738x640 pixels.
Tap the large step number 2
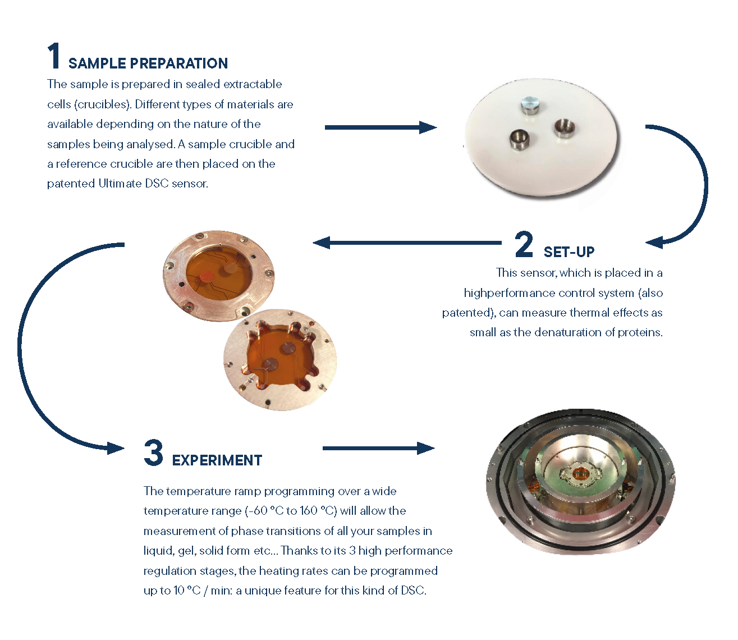pyautogui.click(x=524, y=244)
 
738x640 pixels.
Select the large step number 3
pyautogui.click(x=154, y=453)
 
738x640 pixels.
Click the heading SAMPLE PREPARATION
pyautogui.click(x=148, y=63)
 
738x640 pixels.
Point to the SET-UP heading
pyautogui.click(x=569, y=252)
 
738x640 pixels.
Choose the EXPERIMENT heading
pyautogui.click(x=217, y=460)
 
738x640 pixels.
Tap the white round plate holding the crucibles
pyautogui.click(x=541, y=139)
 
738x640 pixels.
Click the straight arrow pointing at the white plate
pyautogui.click(x=381, y=127)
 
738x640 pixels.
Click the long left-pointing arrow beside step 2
pyautogui.click(x=407, y=243)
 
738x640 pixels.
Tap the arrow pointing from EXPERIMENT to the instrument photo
pyautogui.click(x=378, y=448)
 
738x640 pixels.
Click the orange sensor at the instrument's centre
pyautogui.click(x=578, y=474)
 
